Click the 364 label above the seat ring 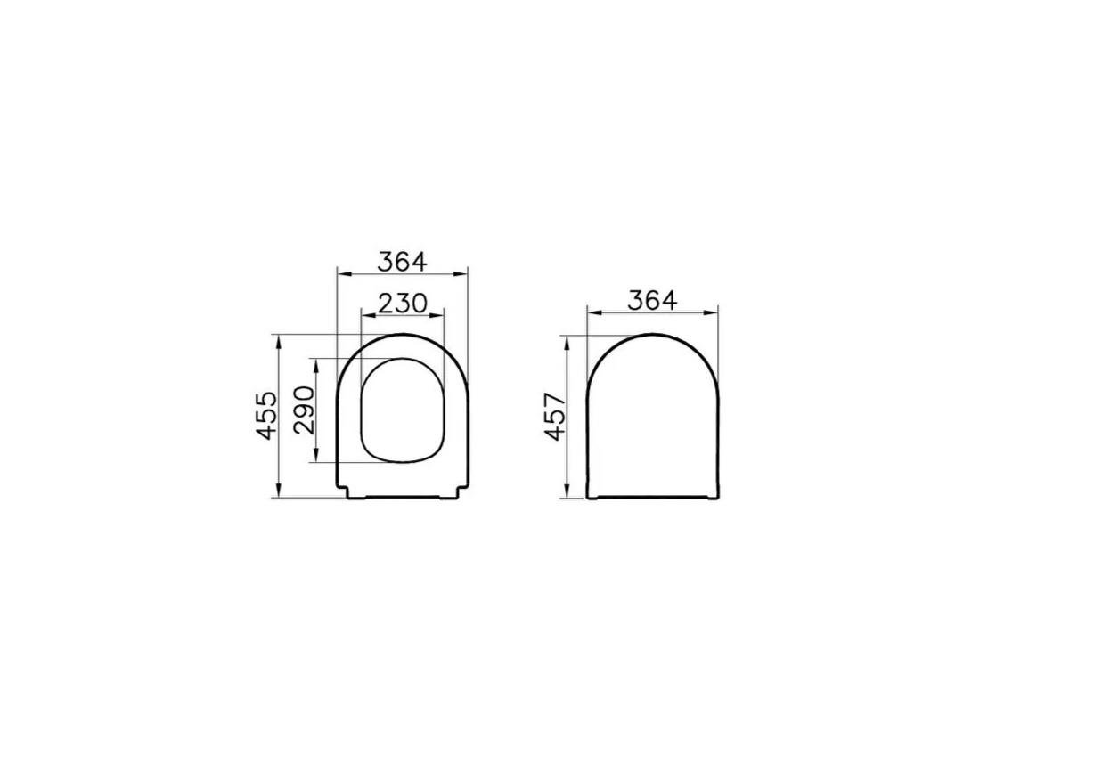(403, 262)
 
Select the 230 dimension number (403, 304)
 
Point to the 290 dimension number (305, 410)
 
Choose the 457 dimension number (555, 416)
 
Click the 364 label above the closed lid (652, 301)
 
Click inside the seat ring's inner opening (403, 410)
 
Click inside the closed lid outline (652, 418)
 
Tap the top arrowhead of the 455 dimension (279, 339)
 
